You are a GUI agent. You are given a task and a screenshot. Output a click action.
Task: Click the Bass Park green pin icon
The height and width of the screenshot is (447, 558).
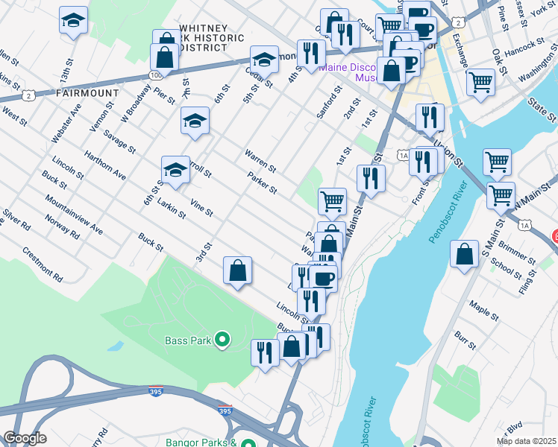(222, 340)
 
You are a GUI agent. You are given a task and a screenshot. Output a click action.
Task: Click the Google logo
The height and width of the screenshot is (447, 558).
(25, 438)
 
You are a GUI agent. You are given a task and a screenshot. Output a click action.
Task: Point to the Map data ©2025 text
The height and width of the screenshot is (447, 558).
(526, 441)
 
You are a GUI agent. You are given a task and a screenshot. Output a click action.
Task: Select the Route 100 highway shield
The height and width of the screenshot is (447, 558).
(155, 76)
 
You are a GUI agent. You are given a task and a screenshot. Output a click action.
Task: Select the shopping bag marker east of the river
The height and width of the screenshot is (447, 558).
(465, 253)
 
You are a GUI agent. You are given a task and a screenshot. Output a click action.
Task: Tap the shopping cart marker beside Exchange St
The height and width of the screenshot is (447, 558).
(480, 81)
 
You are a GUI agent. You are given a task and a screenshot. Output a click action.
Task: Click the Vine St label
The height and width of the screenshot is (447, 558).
(201, 208)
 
